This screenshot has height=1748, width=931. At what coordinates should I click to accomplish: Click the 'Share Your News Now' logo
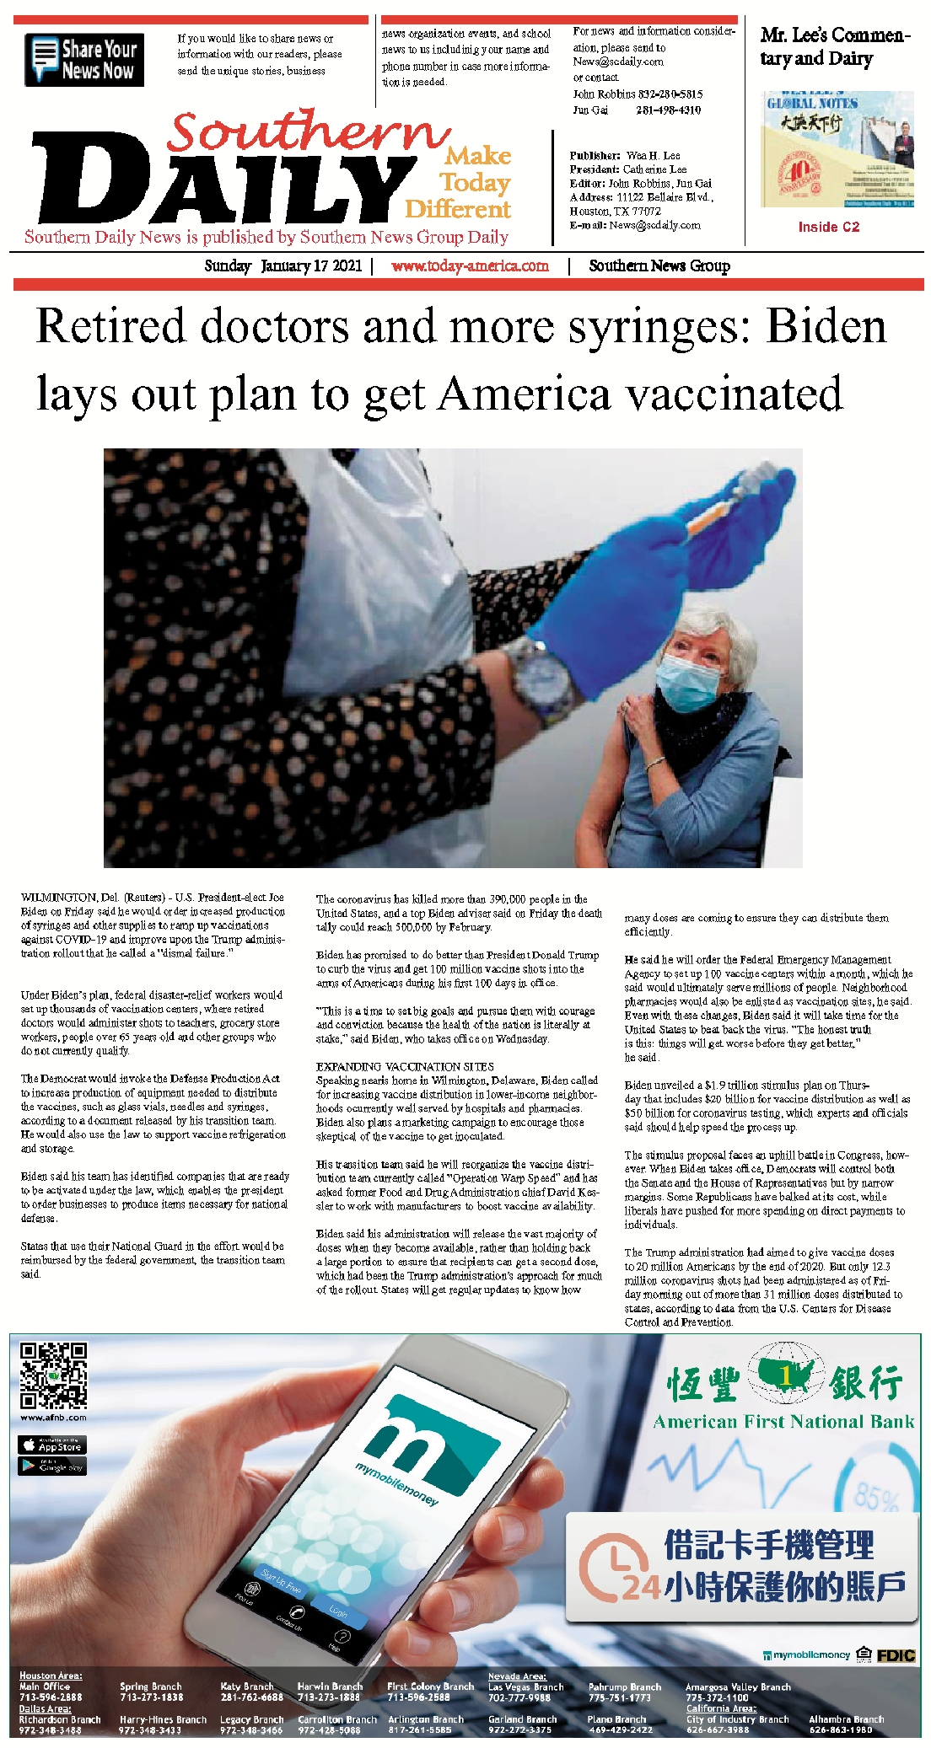pos(84,60)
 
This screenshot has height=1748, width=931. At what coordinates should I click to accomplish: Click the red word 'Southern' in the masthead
pos(308,132)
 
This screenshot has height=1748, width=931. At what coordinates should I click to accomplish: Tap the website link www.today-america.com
pos(470,266)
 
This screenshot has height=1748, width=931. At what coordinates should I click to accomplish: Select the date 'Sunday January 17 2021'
pos(283,266)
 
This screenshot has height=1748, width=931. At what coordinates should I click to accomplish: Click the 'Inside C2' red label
pos(828,227)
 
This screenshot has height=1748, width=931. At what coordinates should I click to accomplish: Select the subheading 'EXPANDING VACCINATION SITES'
pos(405,1066)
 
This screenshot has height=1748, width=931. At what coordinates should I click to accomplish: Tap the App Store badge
pos(52,1445)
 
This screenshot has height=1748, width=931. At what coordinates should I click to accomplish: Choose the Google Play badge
pos(52,1466)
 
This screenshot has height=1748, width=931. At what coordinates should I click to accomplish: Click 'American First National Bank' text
pos(783,1422)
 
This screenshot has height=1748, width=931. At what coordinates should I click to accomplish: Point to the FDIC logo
pos(896,1655)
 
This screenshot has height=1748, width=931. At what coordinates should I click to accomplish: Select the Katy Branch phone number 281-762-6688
pos(251,1697)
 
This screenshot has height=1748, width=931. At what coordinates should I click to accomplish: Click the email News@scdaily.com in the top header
pos(618,62)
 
